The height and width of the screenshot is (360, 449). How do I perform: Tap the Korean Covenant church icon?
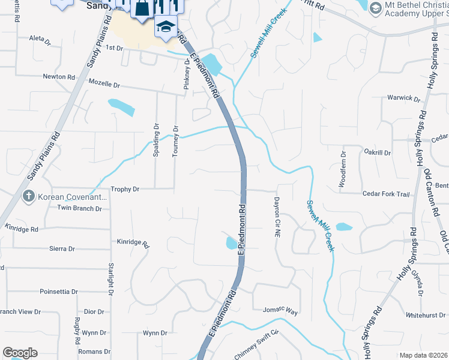click(x=28, y=196)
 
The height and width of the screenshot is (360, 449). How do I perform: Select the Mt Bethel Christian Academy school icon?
click(x=376, y=8)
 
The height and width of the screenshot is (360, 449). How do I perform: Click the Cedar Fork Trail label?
click(x=386, y=194)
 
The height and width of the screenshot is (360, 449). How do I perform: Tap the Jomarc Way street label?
click(x=280, y=311)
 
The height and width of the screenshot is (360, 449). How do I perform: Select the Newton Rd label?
click(x=59, y=77)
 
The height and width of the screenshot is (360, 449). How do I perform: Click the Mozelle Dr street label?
click(x=104, y=86)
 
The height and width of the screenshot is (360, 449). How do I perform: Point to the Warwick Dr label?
click(x=403, y=98)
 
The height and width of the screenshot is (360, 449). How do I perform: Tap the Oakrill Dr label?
click(x=377, y=153)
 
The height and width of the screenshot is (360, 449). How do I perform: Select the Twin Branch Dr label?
click(x=79, y=208)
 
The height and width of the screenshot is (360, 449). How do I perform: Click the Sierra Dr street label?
click(x=62, y=248)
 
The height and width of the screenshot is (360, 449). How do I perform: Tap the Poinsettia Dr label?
click(x=58, y=292)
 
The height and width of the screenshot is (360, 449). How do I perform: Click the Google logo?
click(x=20, y=353)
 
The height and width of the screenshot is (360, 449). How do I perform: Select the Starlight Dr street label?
click(x=111, y=278)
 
